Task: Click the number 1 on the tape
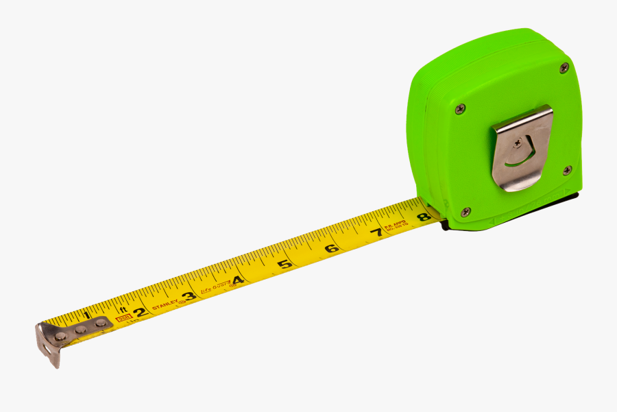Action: [86, 315]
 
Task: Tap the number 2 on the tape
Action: [139, 313]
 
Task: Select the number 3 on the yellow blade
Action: [189, 297]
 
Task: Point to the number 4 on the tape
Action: [237, 280]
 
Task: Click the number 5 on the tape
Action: [285, 264]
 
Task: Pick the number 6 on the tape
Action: [331, 248]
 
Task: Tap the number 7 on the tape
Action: [376, 233]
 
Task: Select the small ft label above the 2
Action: [123, 309]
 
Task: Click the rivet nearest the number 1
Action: [101, 322]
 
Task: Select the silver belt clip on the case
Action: [522, 147]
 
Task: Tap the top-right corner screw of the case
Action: [564, 67]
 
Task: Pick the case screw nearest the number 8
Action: [465, 212]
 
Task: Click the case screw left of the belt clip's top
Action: [460, 108]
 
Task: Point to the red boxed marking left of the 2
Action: [123, 318]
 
